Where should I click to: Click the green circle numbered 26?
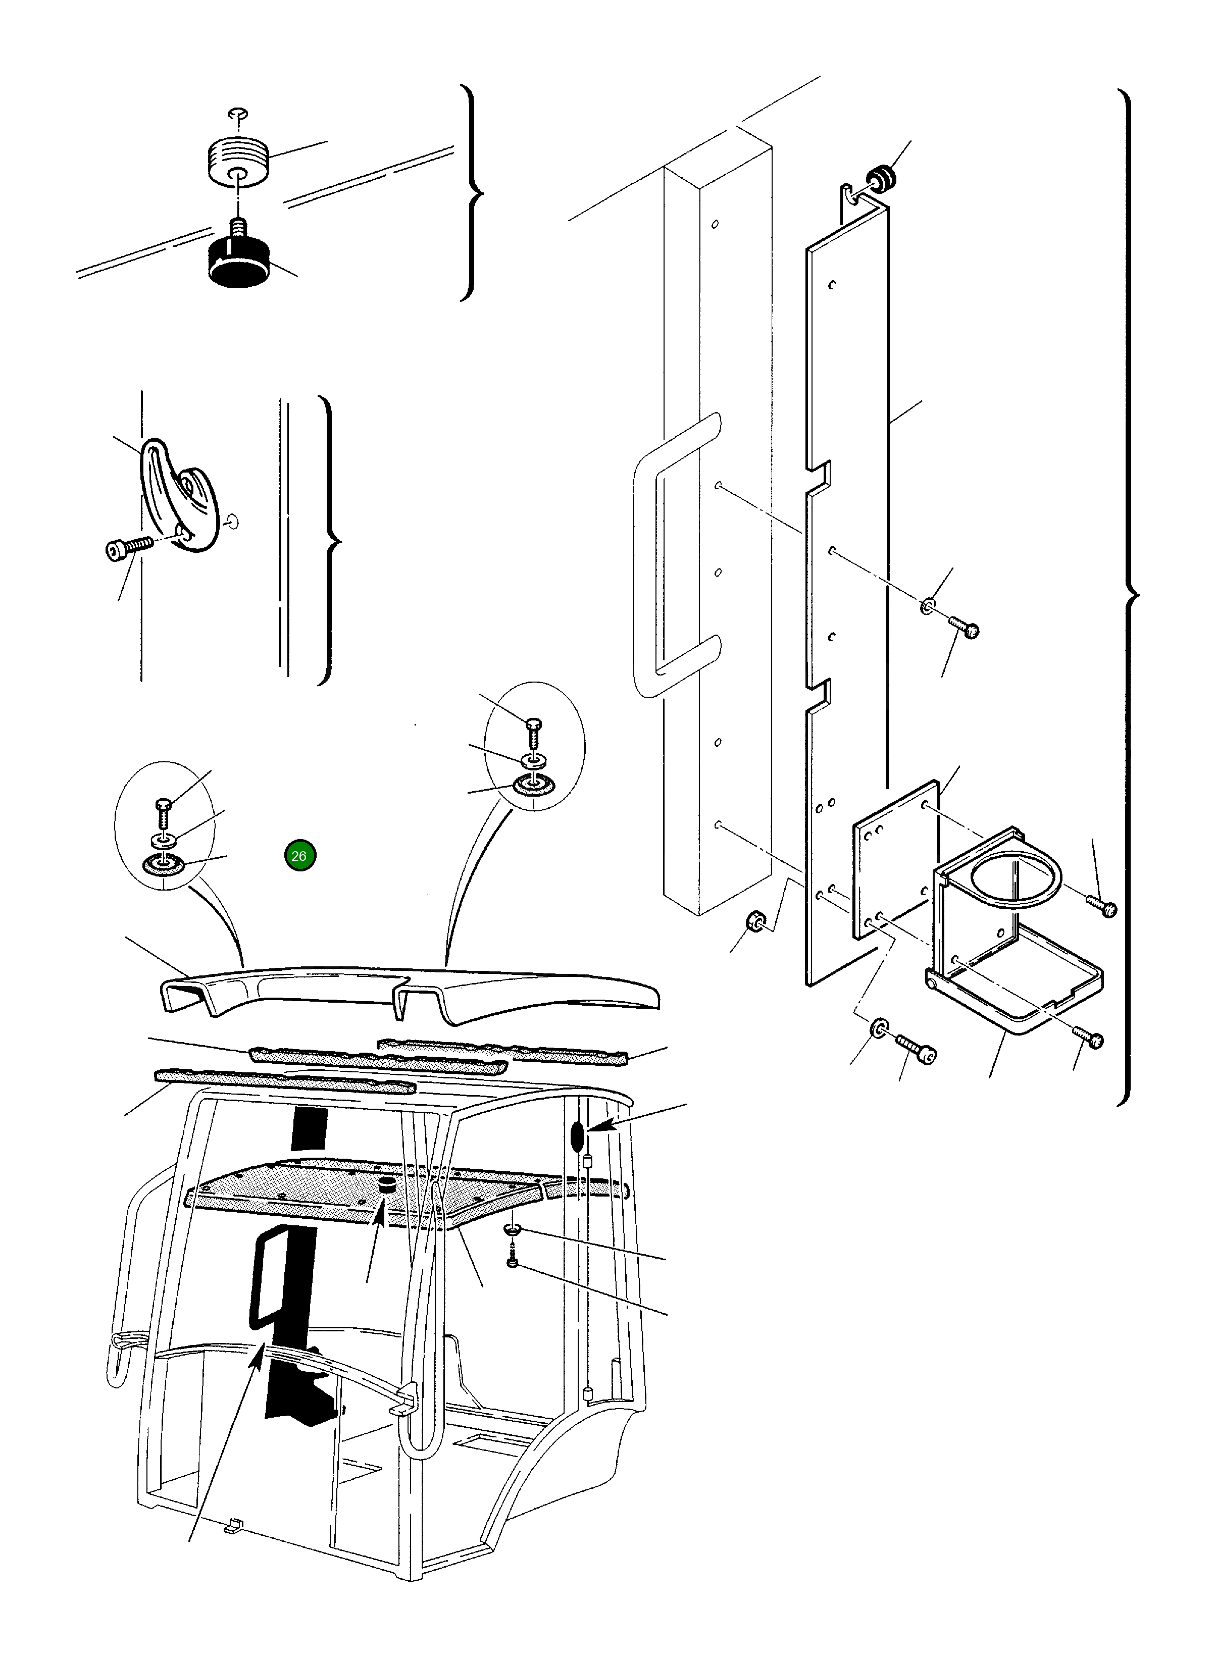[x=299, y=856]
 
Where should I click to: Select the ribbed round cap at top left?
[x=236, y=161]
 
